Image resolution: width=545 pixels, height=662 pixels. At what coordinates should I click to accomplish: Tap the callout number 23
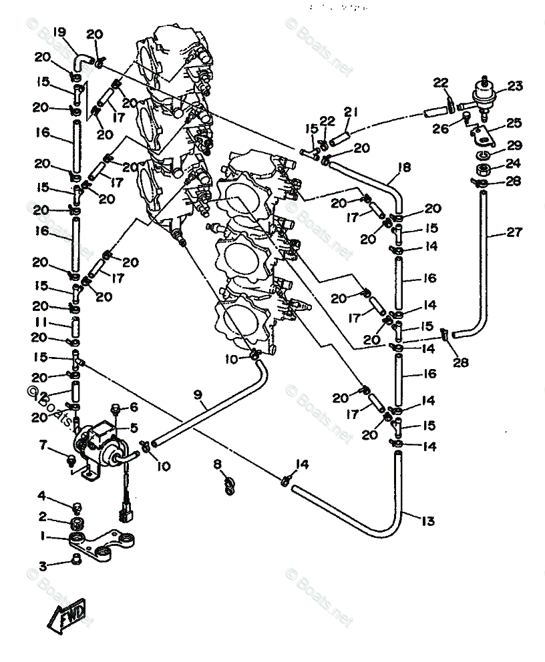514,86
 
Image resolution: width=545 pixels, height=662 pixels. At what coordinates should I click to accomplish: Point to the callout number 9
198,395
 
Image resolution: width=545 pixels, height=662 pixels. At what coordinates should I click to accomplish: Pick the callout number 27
514,232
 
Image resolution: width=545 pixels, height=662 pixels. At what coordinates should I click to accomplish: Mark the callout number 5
134,428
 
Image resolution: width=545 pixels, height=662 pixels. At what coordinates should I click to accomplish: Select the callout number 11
41,322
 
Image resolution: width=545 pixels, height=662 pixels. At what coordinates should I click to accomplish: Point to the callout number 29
514,145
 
